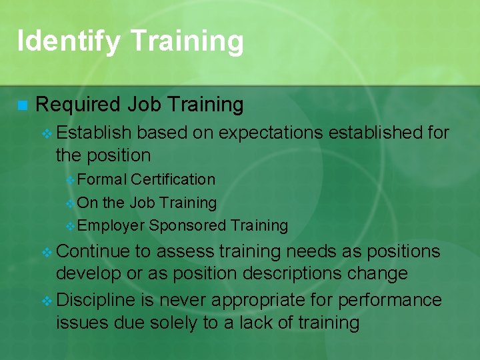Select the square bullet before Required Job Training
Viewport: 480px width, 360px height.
[22, 105]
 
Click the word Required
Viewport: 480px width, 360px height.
[78, 105]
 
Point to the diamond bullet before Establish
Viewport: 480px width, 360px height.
[47, 133]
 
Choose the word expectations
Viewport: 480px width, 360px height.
[272, 133]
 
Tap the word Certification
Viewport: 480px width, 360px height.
[173, 179]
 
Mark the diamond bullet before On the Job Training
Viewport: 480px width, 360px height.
[71, 203]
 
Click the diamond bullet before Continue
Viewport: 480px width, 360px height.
[47, 252]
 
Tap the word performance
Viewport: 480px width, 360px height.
[389, 301]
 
